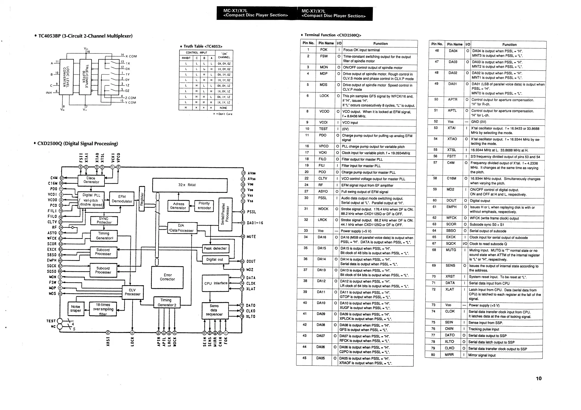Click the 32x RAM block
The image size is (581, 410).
pyautogui.click(x=189, y=185)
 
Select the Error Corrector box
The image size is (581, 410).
pyautogui.click(x=167, y=277)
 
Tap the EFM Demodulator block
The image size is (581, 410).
pyautogui.click(x=122, y=199)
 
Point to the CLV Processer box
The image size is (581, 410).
pyautogui.click(x=132, y=292)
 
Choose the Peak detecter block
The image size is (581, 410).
pyautogui.click(x=215, y=249)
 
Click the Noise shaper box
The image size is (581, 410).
pyautogui.click(x=76, y=308)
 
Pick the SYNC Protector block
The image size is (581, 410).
pyautogui.click(x=104, y=220)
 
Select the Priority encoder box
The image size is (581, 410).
pyautogui.click(x=204, y=206)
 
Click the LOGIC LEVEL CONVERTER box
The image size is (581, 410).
pyautogui.click(x=66, y=77)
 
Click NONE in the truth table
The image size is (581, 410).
pyautogui.click(x=223, y=108)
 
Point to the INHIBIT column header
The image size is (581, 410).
pyautogui.click(x=186, y=58)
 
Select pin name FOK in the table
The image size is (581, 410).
pyautogui.click(x=324, y=50)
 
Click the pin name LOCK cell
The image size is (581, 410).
pyautogui.click(x=324, y=96)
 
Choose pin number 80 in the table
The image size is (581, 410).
pyautogui.click(x=433, y=355)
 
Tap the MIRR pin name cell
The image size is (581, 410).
pyautogui.click(x=449, y=355)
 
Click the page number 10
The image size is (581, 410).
pyautogui.click(x=539, y=378)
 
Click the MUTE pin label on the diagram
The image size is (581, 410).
pyautogui.click(x=251, y=237)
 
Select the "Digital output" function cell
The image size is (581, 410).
pyautogui.click(x=480, y=201)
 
